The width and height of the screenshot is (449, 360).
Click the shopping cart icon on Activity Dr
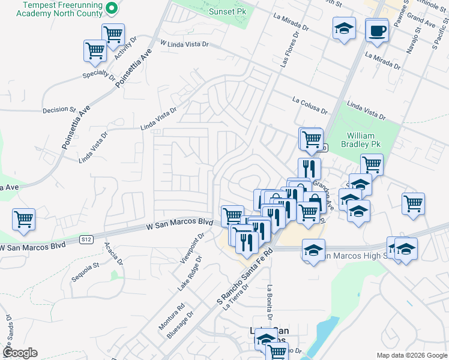[x=113, y=35]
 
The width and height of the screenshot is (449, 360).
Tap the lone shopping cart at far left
[x=23, y=220]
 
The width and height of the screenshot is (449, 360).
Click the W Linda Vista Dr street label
[x=184, y=44]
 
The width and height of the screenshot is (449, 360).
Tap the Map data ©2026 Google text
[x=412, y=355]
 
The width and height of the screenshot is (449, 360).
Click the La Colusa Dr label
[x=310, y=106]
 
